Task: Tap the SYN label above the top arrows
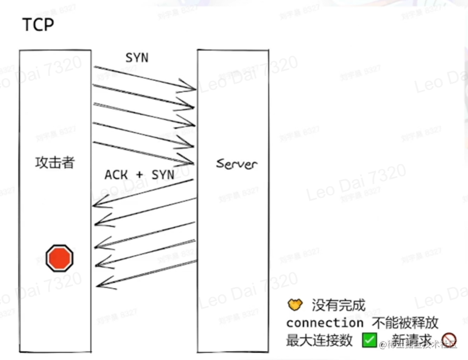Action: click(x=137, y=58)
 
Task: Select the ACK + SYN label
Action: click(x=139, y=175)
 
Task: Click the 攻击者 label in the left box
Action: click(x=55, y=163)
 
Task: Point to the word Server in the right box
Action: click(x=236, y=164)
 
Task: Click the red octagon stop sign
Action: click(x=60, y=258)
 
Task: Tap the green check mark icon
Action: click(x=369, y=339)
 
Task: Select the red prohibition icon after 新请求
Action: click(x=449, y=339)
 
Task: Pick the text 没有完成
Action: click(x=339, y=306)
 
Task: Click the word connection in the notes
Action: click(x=325, y=323)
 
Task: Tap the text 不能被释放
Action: click(x=405, y=323)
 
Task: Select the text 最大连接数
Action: click(x=320, y=340)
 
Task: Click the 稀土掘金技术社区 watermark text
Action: click(x=421, y=345)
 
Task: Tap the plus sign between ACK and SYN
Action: click(x=140, y=175)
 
